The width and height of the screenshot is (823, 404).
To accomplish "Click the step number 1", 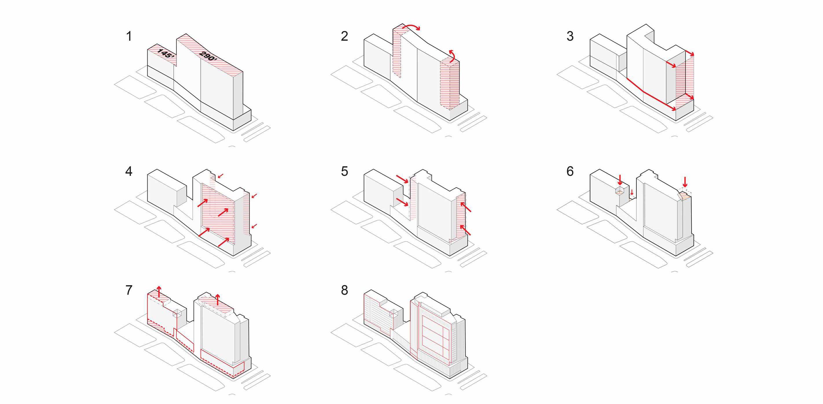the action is click(129, 36).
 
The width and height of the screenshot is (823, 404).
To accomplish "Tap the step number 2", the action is click(344, 36).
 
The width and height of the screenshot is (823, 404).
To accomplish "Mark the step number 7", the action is click(129, 290).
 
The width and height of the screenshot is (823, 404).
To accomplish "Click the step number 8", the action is click(344, 290).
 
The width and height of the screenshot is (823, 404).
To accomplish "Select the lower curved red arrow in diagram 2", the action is click(452, 56).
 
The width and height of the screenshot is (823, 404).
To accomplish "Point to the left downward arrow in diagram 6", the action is click(620, 179).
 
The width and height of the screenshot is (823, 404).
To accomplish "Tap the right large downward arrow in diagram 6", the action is click(685, 182).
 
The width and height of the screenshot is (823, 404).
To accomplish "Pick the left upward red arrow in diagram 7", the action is click(159, 291).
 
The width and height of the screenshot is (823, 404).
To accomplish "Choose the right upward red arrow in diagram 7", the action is click(218, 299).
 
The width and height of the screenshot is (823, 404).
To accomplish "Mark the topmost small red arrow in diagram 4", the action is click(221, 176).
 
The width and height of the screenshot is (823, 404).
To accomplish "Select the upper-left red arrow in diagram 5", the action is click(402, 179).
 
